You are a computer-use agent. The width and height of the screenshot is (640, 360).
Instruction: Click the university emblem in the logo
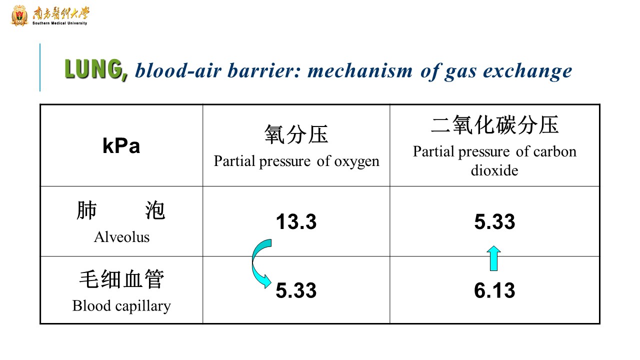click(x=19, y=15)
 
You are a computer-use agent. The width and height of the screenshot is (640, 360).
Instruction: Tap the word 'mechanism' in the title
click(x=360, y=70)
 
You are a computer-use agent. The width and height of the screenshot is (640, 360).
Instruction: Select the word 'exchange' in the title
click(x=527, y=71)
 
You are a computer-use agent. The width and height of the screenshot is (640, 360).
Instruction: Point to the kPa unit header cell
click(x=121, y=145)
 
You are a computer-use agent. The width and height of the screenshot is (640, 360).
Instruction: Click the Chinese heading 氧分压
click(x=296, y=134)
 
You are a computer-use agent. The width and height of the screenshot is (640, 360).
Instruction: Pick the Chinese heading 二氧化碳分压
click(x=494, y=125)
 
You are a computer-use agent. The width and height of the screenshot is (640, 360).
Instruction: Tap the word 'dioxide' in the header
click(x=494, y=170)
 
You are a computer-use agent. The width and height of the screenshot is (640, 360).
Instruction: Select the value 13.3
click(x=296, y=221)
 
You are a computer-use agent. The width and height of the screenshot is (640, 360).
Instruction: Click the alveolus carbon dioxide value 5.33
click(x=494, y=221)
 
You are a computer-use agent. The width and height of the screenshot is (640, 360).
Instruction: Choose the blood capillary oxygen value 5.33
click(x=296, y=290)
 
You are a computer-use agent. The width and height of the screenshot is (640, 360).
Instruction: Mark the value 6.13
click(x=494, y=290)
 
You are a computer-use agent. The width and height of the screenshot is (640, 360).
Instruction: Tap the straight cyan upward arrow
click(x=493, y=258)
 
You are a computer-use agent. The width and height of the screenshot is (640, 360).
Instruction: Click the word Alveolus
click(x=121, y=237)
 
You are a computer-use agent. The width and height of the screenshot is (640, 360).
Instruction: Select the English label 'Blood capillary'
click(x=121, y=306)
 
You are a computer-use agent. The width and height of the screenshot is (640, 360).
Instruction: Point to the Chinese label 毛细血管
click(x=121, y=279)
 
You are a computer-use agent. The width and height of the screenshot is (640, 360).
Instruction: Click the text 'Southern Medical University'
click(x=59, y=23)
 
